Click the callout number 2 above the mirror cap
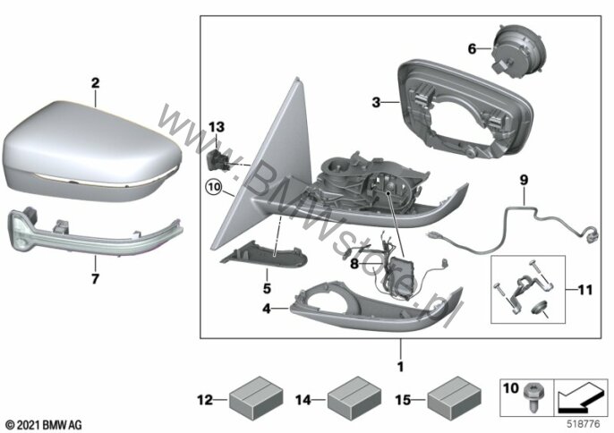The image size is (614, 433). click(95, 83)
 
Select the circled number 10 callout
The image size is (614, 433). click(215, 187)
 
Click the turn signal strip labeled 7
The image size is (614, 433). click(96, 232)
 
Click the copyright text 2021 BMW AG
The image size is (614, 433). click(44, 425)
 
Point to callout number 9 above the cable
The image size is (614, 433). click(524, 180)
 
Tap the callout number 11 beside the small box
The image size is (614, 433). click(585, 290)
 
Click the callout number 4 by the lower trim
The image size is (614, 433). click(267, 309)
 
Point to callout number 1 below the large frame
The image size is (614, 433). click(400, 367)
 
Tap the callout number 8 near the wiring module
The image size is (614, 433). click(354, 264)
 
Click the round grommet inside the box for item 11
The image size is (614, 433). click(539, 308)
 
